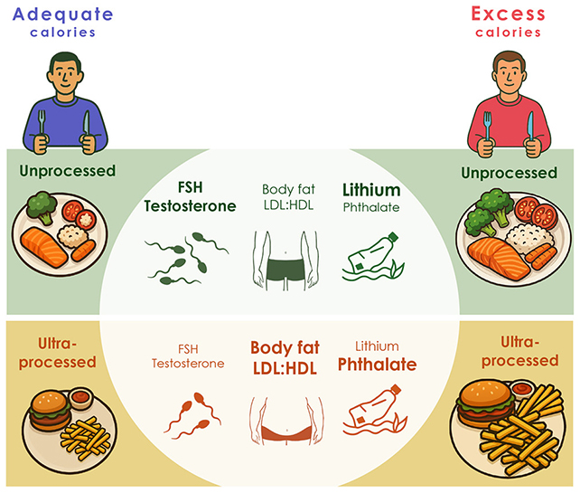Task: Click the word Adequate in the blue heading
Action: click(63, 14)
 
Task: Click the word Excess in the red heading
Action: click(509, 14)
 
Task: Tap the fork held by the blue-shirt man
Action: click(42, 124)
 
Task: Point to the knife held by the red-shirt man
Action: click(531, 127)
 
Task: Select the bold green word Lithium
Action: click(371, 190)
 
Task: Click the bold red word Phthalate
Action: click(378, 365)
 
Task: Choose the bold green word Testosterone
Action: click(190, 206)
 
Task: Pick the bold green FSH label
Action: click(190, 187)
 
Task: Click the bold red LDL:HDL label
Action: click(285, 368)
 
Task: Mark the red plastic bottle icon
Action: click(375, 411)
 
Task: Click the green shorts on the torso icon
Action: click(285, 270)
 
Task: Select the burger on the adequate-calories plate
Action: click(50, 410)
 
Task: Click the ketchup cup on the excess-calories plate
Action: click(521, 389)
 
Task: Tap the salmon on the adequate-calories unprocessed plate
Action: click(44, 247)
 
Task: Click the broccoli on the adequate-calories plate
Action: click(42, 206)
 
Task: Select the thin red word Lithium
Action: click(377, 346)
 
